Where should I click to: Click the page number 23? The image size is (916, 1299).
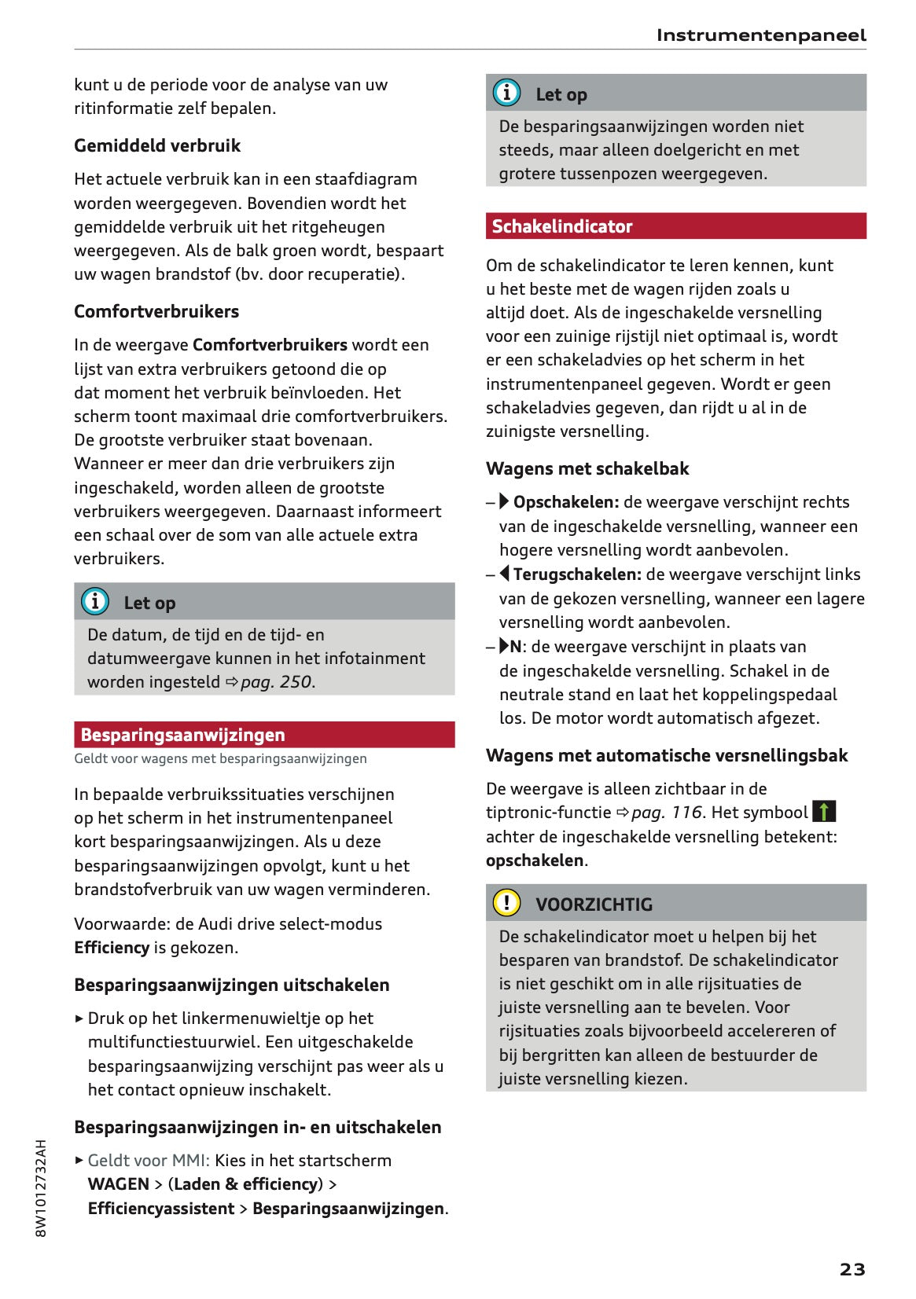pyautogui.click(x=852, y=1268)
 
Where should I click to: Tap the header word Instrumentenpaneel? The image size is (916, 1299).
pyautogui.click(x=760, y=35)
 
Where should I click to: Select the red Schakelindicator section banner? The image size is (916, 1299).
pyautogui.click(x=675, y=226)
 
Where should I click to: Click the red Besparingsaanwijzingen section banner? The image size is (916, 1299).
pyautogui.click(x=264, y=735)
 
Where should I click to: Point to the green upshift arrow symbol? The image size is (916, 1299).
pyautogui.click(x=823, y=811)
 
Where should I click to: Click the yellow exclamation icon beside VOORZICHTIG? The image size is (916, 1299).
pyautogui.click(x=506, y=902)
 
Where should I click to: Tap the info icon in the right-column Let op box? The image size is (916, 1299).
pyautogui.click(x=506, y=93)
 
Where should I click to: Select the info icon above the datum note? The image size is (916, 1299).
pyautogui.click(x=95, y=601)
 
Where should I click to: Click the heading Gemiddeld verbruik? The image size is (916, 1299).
pyautogui.click(x=157, y=145)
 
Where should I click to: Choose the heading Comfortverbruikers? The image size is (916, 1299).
pyautogui.click(x=156, y=311)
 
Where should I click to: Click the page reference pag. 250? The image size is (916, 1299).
pyautogui.click(x=275, y=682)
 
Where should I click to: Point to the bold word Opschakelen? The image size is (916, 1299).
pyautogui.click(x=565, y=502)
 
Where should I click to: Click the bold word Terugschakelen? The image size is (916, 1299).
pyautogui.click(x=576, y=574)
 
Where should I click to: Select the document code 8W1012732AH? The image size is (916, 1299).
pyautogui.click(x=41, y=1187)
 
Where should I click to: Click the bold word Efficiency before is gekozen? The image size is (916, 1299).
pyautogui.click(x=111, y=948)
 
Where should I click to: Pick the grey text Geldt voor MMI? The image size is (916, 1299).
pyautogui.click(x=149, y=1161)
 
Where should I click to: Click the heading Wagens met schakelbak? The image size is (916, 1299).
pyautogui.click(x=587, y=468)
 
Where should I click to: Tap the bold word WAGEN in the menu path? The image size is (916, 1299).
pyautogui.click(x=118, y=1184)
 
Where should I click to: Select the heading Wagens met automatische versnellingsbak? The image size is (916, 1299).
pyautogui.click(x=667, y=755)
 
